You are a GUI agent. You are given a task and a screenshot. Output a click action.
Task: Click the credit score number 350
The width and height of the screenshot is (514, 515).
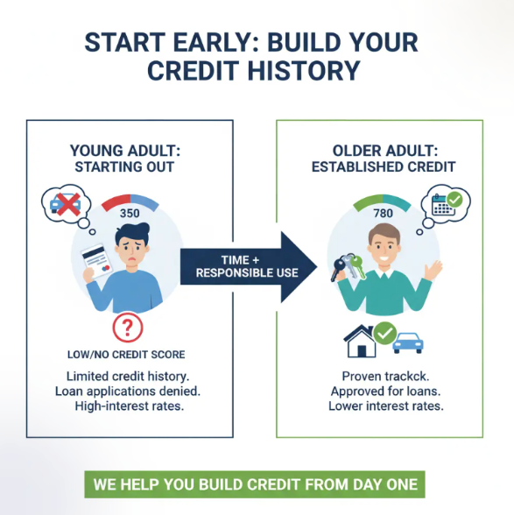tap(130, 213)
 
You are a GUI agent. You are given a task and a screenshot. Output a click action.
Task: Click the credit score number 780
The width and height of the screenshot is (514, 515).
tap(383, 214)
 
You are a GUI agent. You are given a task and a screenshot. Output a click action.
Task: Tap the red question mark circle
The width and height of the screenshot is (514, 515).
tap(128, 328)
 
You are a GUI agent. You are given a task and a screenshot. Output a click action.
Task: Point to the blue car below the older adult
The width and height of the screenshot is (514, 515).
tap(407, 340)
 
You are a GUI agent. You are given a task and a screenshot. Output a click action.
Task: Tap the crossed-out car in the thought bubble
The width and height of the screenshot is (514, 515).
tap(67, 203)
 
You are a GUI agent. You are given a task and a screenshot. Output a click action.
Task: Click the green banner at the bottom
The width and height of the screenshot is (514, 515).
tap(257, 484)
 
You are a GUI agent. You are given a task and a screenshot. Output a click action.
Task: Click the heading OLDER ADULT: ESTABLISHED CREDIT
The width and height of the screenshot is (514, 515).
tap(383, 158)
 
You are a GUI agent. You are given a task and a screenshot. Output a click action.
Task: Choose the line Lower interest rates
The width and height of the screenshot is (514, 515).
tap(385, 406)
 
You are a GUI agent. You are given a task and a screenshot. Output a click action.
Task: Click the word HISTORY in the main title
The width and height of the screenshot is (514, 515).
tap(300, 71)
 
